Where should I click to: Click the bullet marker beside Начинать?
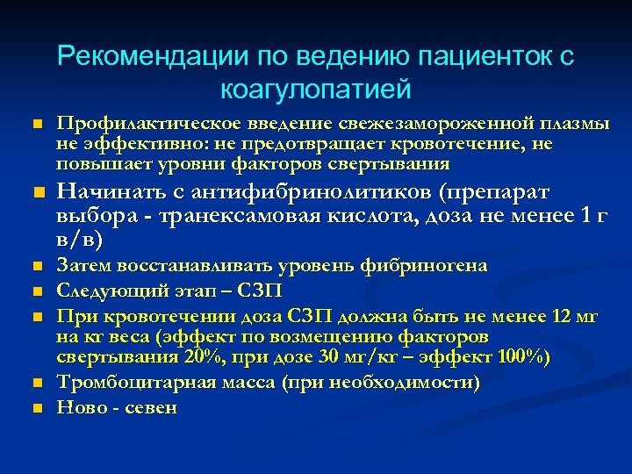point(35,193)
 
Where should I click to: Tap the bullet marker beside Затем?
point(35,265)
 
